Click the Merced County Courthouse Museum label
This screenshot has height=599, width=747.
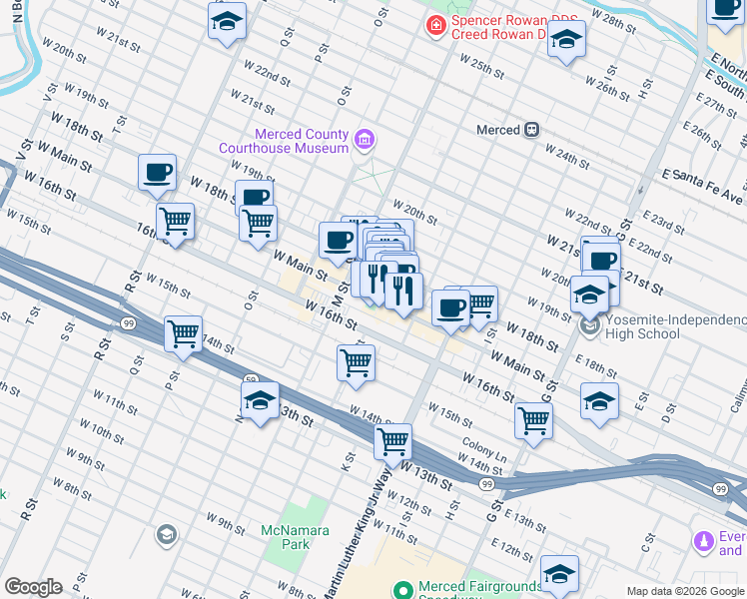(x=301, y=141)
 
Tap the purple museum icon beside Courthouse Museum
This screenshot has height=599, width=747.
(x=366, y=140)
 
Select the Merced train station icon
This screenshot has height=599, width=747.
(x=533, y=129)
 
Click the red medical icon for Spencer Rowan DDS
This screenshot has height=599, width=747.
(x=434, y=25)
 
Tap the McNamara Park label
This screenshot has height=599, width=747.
(x=286, y=537)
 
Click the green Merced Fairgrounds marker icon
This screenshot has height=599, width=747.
(x=403, y=589)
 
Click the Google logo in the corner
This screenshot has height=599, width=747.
(x=33, y=587)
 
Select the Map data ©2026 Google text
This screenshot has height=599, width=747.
(x=685, y=591)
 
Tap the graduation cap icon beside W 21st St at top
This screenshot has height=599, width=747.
(x=227, y=19)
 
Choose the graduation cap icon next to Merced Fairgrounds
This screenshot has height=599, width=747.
(x=559, y=572)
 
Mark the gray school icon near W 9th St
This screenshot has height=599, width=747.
(x=166, y=536)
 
